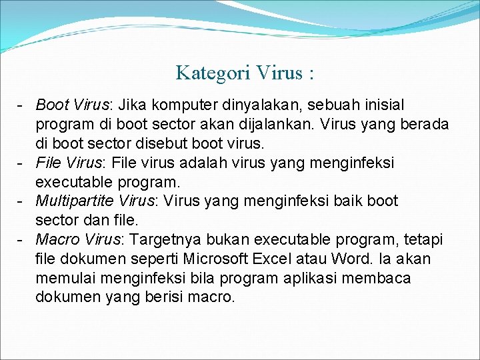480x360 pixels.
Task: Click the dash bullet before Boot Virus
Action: pyautogui.click(x=22, y=105)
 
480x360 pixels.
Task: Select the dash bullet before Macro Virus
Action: pyautogui.click(x=22, y=239)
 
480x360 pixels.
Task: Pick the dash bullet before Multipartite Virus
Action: pyautogui.click(x=22, y=201)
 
